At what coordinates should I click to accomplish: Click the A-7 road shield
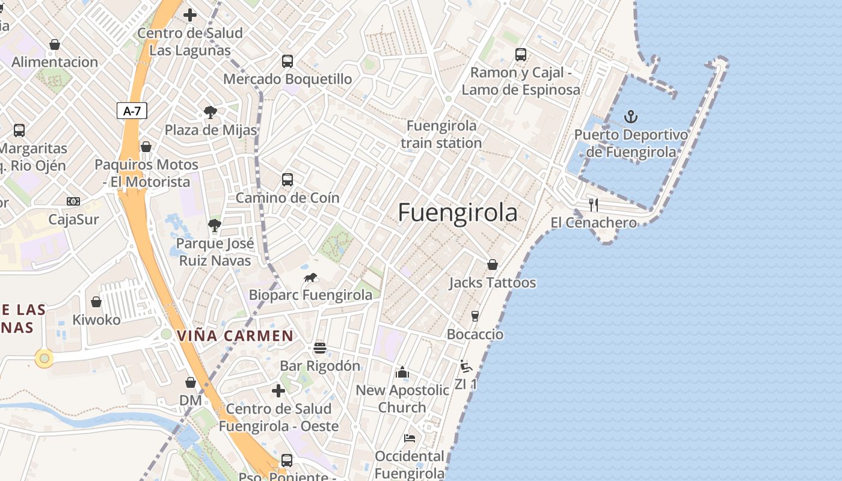coord(132,111)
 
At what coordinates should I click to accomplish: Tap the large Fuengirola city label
coord(457,213)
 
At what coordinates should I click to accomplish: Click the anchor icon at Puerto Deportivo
coord(631,116)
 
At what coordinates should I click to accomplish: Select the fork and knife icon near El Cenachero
coord(593,205)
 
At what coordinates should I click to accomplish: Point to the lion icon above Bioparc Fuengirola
coord(310,277)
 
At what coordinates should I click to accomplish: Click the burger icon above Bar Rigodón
coord(319,348)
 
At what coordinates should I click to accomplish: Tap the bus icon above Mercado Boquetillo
coord(287,61)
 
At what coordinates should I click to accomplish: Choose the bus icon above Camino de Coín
coord(287,179)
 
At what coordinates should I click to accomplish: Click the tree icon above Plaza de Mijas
coord(210,112)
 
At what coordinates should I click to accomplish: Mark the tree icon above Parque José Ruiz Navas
coord(214,226)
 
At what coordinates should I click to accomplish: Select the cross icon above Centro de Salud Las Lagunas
coord(190,15)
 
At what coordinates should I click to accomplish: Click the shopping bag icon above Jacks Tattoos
coord(493,265)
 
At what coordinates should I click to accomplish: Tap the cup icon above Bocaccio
coord(475,316)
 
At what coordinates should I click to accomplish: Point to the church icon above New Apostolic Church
coord(402,373)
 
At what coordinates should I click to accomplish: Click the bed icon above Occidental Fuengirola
coord(410,438)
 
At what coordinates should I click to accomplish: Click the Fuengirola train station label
coord(441,134)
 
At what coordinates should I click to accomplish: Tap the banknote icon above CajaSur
coord(73,201)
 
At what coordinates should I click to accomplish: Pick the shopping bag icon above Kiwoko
coord(96,302)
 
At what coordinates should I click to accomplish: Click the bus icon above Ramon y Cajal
coord(521,55)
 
